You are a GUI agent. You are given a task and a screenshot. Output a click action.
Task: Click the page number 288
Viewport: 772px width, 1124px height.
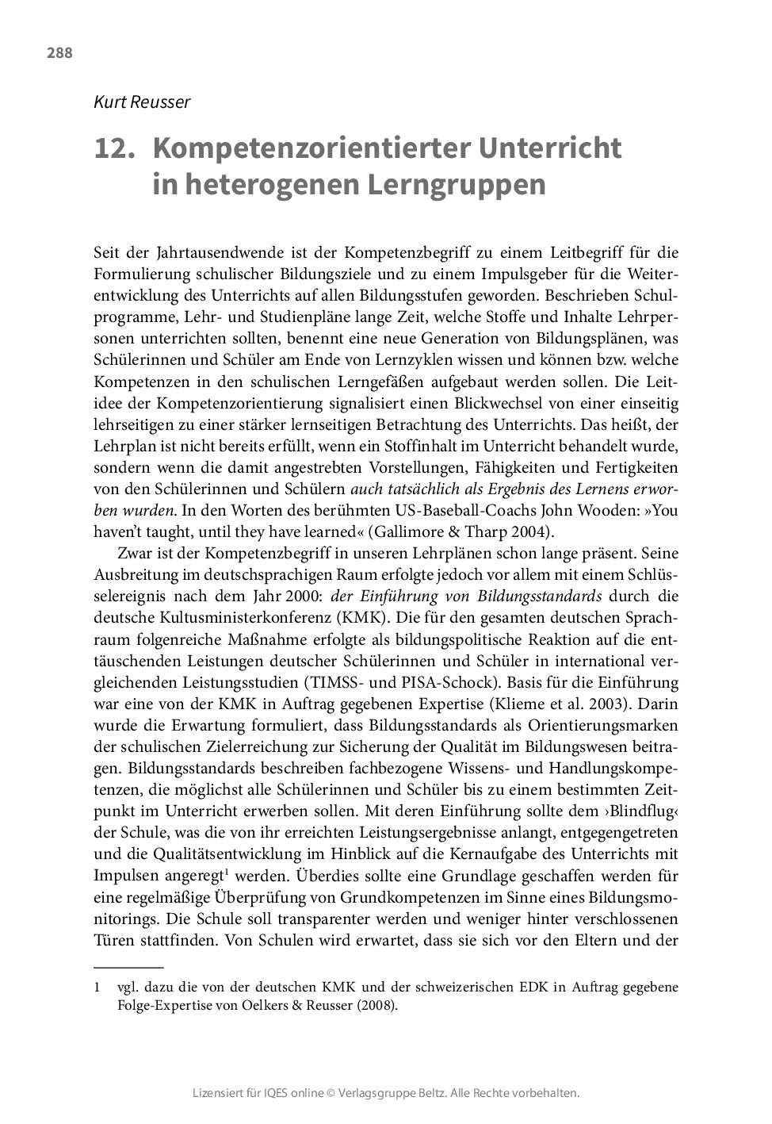click(x=59, y=53)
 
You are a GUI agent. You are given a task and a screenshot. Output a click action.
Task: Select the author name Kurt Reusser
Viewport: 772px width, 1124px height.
click(x=142, y=102)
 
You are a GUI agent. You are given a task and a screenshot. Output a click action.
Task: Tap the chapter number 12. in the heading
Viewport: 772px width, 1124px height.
click(x=112, y=148)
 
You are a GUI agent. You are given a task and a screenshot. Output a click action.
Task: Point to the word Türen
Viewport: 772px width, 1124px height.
click(x=113, y=941)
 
